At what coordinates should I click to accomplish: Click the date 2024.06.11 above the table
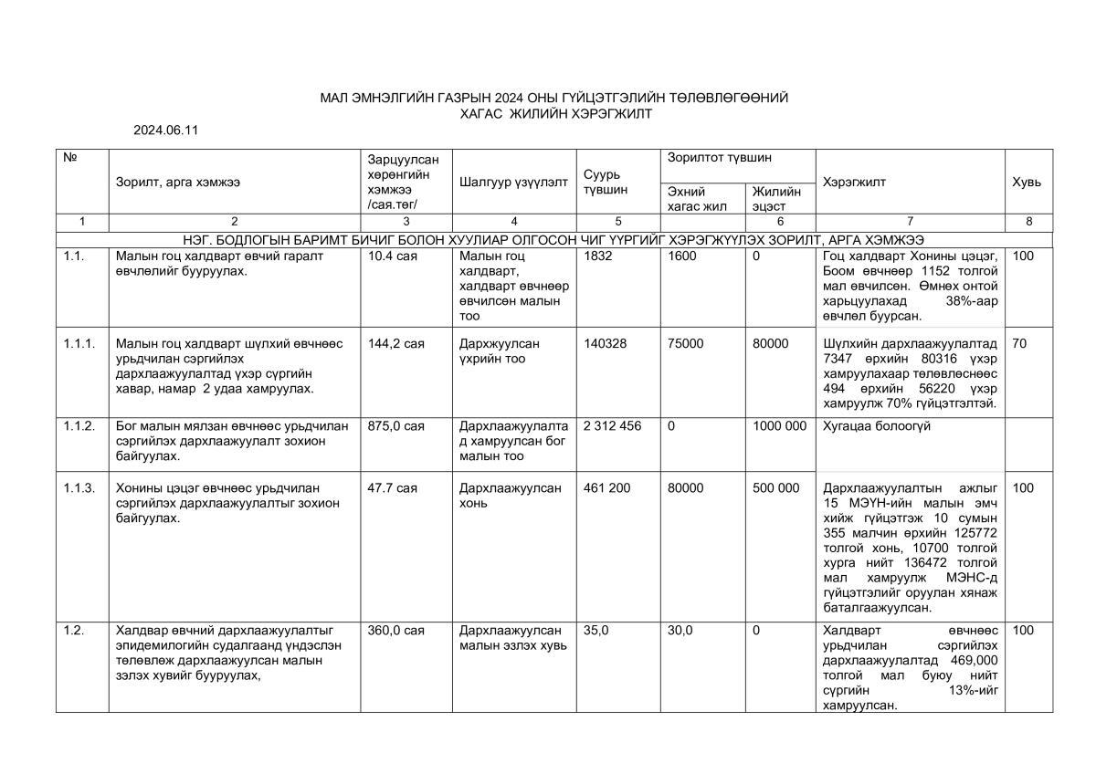click(165, 131)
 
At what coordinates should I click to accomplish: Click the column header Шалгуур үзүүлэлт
click(513, 182)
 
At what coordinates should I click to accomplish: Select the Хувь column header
click(1026, 182)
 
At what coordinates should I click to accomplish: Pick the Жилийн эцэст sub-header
click(776, 198)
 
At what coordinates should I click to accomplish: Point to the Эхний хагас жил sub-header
click(697, 198)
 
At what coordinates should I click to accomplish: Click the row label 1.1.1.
click(79, 343)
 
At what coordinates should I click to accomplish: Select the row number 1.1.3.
click(79, 488)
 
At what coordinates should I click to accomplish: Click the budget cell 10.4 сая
click(393, 256)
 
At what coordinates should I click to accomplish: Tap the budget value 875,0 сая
click(395, 426)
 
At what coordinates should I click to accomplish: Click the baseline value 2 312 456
click(612, 426)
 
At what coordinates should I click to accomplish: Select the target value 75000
click(686, 343)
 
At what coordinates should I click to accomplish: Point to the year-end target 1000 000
click(779, 426)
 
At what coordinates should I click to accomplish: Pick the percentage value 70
click(1019, 343)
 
